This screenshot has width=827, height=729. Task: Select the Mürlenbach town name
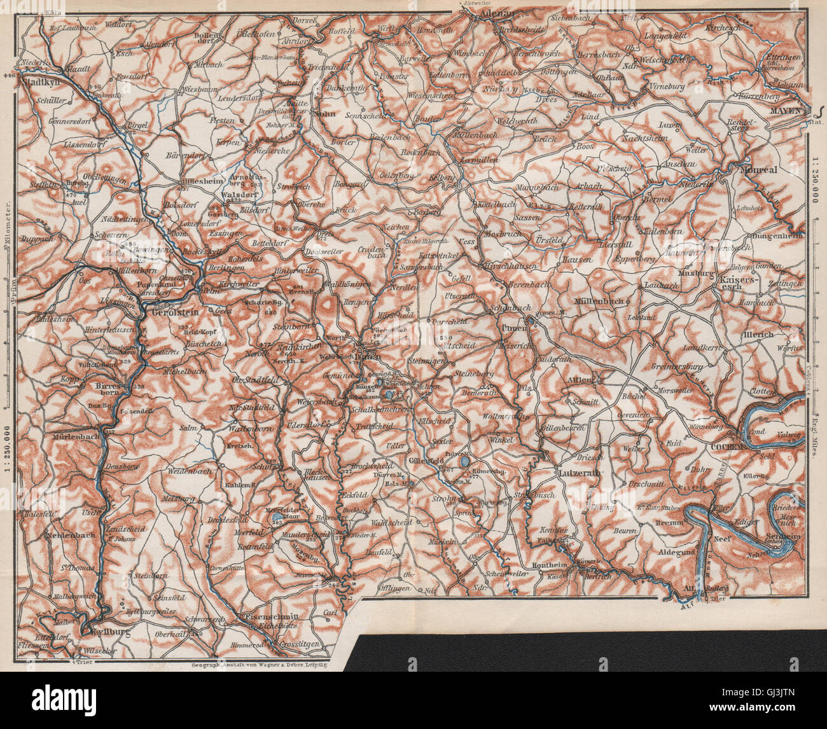[x=69, y=437]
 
